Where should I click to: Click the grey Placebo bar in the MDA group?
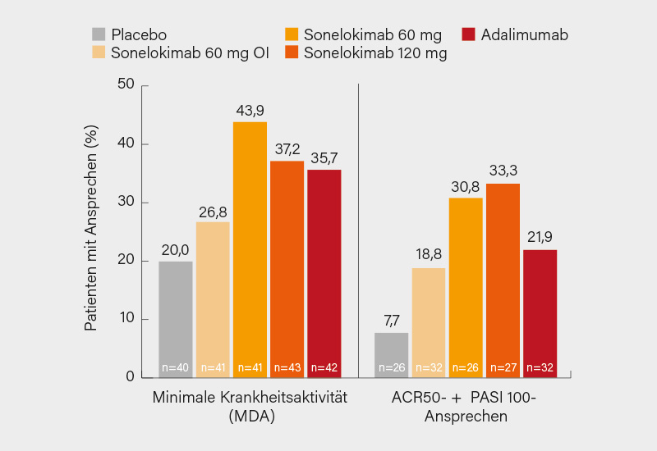pos(176,319)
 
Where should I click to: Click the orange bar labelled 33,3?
pos(503,280)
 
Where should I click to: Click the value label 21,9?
pos(540,238)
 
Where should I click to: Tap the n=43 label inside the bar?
pos(287,368)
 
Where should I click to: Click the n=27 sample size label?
pos(503,368)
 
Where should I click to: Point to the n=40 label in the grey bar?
pos(176,368)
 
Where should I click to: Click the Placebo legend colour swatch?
pos(99,34)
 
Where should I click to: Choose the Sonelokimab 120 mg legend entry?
pos(365,53)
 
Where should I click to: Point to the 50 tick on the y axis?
pos(126,84)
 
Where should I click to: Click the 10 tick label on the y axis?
pos(127,319)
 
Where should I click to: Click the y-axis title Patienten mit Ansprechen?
pos(92,229)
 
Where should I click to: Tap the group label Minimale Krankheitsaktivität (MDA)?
pos(250,406)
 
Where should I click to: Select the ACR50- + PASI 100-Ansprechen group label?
pos(466,406)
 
